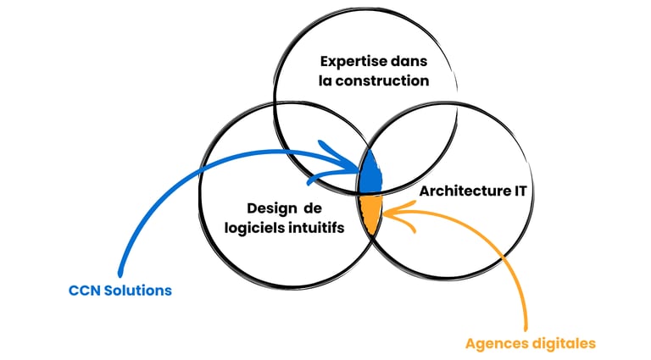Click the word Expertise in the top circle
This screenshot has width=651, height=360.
coord(349,62)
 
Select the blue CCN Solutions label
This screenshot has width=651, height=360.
coord(120,291)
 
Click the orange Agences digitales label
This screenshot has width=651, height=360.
coord(530,343)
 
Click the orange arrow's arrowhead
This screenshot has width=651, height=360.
coord(388,213)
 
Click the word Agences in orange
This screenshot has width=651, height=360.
coord(494,343)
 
